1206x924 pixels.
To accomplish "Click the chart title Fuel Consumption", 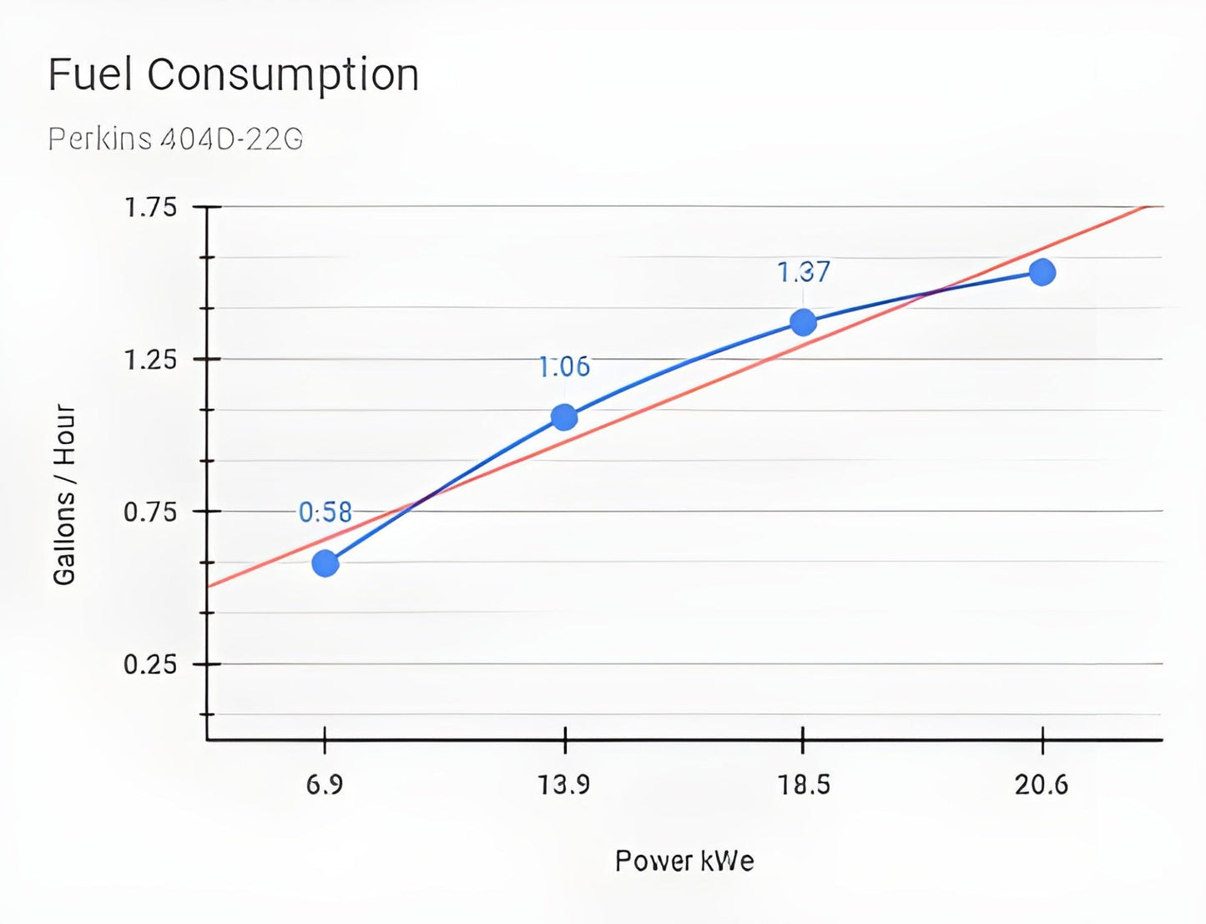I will coord(234,75).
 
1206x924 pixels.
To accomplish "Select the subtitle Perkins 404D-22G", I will coord(175,139).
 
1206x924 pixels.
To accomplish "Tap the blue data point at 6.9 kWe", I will coord(325,563).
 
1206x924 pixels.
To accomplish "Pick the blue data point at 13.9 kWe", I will coord(564,417).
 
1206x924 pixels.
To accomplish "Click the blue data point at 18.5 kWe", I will coord(803,321).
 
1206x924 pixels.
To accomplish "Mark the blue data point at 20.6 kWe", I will coord(1042,272).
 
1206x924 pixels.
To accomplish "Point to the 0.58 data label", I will coord(325,512).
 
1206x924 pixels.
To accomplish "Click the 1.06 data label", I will coord(564,366).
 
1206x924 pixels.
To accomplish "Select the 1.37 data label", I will coord(804,272).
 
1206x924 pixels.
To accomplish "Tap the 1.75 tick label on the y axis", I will coord(150,207).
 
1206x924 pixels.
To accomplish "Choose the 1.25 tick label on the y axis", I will coord(150,360).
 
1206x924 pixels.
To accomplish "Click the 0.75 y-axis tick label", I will coord(150,512).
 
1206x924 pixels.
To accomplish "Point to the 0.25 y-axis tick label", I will coord(150,664).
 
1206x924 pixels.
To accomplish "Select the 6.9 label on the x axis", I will coord(325,785).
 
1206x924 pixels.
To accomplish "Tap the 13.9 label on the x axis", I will coord(564,785).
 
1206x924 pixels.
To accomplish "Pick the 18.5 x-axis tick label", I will coord(804,785).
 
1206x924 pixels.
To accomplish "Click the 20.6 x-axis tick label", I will coord(1042,785).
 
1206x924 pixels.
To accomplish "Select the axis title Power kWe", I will coord(684,861).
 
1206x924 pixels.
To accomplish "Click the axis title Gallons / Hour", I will coord(64,494).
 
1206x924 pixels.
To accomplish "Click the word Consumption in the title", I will coord(283,75).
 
